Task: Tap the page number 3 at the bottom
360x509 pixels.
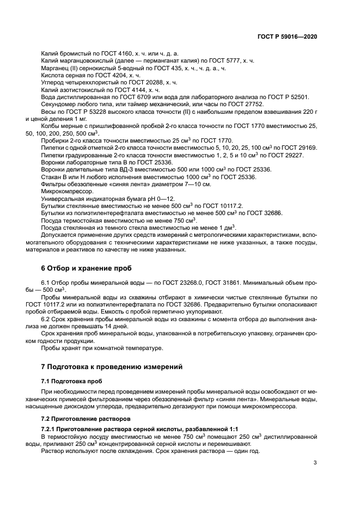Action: pyautogui.click(x=315, y=463)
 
